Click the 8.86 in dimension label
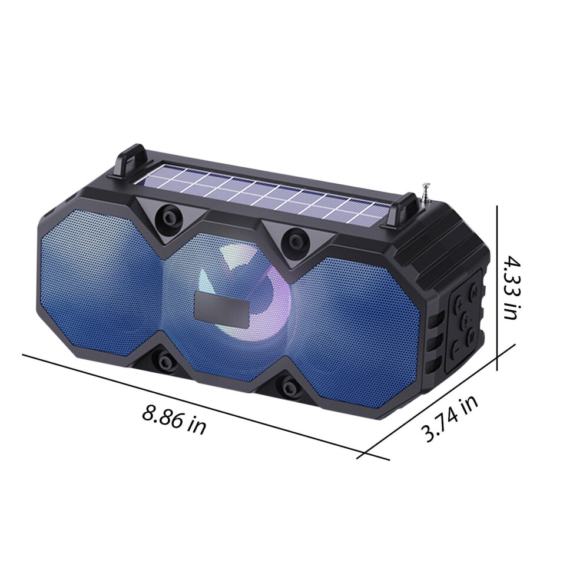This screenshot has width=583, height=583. tap(174, 420)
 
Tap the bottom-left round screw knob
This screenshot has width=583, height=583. tap(164, 360)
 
